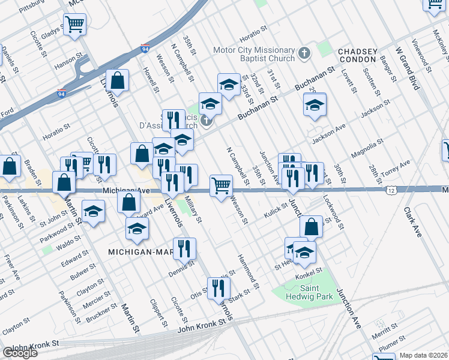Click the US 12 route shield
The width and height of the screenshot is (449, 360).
[x=391, y=190]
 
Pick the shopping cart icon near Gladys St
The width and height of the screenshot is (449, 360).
[x=75, y=25]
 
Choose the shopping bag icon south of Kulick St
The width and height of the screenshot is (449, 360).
[x=311, y=227]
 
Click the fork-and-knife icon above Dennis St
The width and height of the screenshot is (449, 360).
[x=184, y=247]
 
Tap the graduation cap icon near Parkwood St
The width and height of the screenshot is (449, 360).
[x=93, y=212]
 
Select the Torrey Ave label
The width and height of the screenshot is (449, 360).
[x=397, y=166]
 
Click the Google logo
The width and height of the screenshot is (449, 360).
[x=20, y=353]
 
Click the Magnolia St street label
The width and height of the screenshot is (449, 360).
[x=367, y=149]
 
